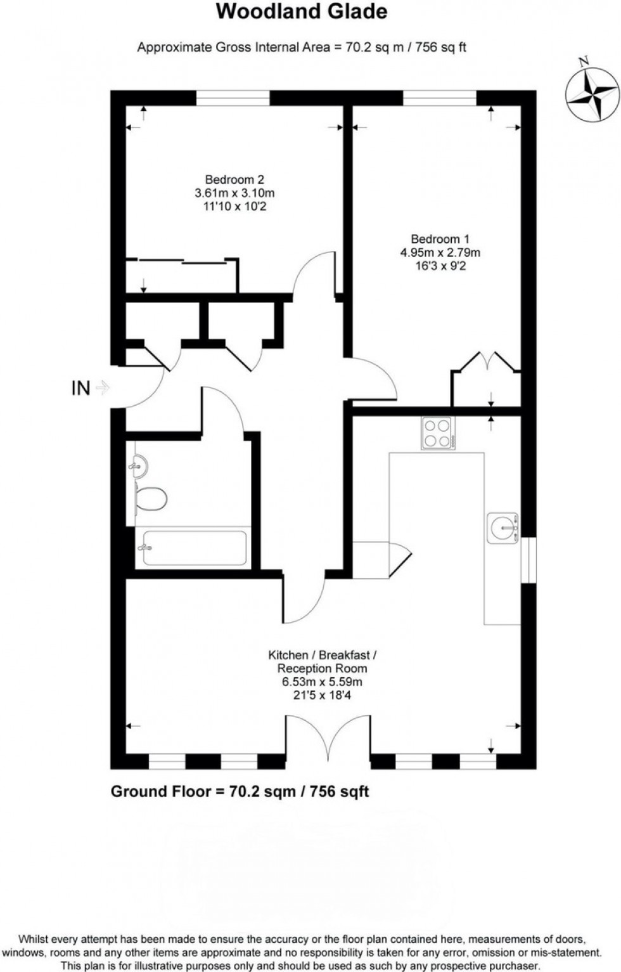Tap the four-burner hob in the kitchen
437,433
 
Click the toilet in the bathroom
151,498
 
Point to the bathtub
193,548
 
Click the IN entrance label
80,388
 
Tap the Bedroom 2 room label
234,180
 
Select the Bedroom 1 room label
440,239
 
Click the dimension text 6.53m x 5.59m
322,682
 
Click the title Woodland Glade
302,12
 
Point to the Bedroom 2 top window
233,98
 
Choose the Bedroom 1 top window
440,98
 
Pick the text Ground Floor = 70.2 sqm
240,791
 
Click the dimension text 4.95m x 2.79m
440,252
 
